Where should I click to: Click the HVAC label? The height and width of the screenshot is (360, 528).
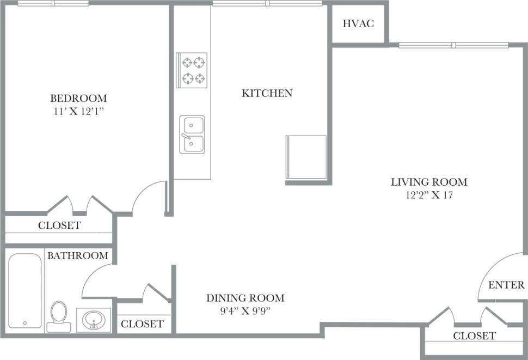coord(358,24)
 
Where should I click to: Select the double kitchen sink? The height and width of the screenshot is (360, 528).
coord(192,135)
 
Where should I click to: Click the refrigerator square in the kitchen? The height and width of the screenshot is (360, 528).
coord(306,157)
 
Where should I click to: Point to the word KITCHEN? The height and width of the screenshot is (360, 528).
coord(267,93)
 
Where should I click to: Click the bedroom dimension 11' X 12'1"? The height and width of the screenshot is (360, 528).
coord(78,111)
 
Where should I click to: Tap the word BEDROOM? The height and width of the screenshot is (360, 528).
coord(78,99)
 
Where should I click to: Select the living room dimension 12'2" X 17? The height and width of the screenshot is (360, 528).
coord(429,195)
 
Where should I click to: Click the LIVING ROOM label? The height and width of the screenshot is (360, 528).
coord(429,182)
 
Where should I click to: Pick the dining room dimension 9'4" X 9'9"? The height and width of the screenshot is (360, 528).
coord(245,311)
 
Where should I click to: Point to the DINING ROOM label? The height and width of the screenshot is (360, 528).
coord(245,298)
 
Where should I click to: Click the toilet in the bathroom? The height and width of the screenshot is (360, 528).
coord(58,315)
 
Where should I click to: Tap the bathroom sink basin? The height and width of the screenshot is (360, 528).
coord(94,319)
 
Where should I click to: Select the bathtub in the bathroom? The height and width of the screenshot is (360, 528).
coord(25,290)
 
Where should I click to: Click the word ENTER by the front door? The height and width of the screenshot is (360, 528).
coord(506,285)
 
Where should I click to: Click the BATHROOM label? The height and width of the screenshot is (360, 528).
coord(77,255)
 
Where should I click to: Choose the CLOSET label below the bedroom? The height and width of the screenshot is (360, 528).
coord(59,225)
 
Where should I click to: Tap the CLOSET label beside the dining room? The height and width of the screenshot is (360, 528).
coord(142,324)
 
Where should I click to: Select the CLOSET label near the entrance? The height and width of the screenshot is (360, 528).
coord(475,336)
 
